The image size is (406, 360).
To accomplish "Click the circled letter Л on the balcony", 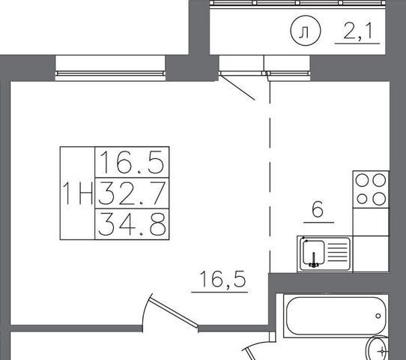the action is (306, 31).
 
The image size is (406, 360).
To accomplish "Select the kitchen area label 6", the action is (318, 209).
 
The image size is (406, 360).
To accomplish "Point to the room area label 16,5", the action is (222, 279).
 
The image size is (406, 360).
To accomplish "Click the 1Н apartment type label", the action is (78, 193).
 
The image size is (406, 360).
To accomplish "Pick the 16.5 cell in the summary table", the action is (132, 162).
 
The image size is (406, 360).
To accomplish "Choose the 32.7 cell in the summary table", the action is (132, 193).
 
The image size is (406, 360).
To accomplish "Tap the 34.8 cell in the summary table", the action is (132, 224).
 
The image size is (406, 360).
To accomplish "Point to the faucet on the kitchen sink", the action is (314, 260).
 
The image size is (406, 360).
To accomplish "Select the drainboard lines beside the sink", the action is (338, 252).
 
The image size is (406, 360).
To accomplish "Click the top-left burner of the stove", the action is (362, 180).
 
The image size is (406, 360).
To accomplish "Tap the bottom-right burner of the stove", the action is (379, 199).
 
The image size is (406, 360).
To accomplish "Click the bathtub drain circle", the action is (378, 316).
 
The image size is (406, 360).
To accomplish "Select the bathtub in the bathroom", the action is (336, 316).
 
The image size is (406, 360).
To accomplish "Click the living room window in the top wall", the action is (110, 68).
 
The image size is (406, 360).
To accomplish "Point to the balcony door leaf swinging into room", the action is (237, 88).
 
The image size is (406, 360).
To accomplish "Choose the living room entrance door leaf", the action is (175, 312).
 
